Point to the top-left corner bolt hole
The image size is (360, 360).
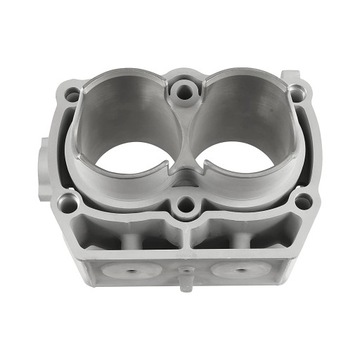(72, 95)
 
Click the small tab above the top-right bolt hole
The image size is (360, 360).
(290, 75)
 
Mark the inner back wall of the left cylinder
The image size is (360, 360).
(125, 110)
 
